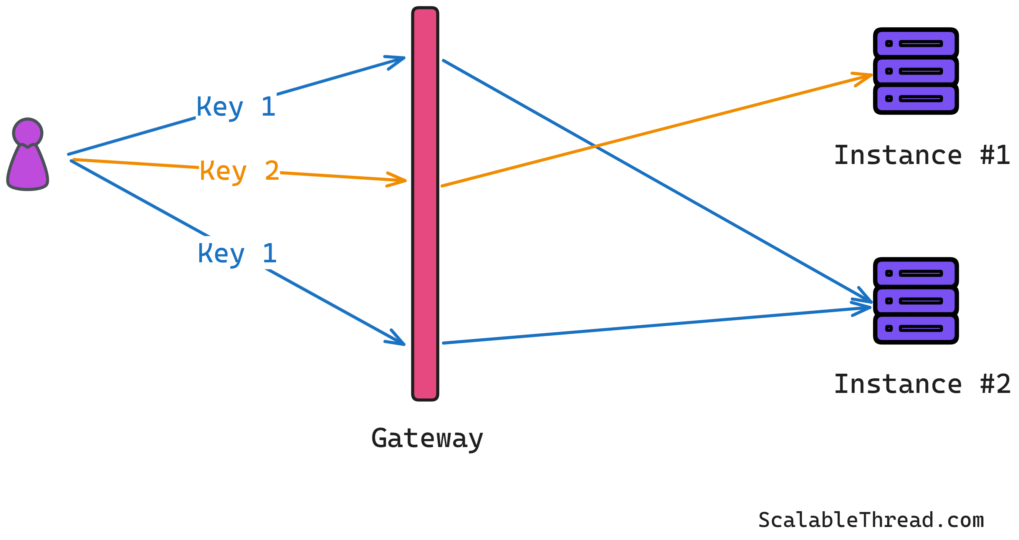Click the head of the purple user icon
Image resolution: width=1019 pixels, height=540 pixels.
[27, 133]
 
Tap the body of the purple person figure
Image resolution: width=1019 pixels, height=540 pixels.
[27, 169]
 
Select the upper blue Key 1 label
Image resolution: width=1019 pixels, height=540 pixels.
[236, 106]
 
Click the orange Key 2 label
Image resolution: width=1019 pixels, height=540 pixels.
[239, 171]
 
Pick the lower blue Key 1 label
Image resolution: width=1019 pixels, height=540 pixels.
[237, 253]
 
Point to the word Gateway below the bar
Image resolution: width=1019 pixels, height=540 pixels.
[427, 438]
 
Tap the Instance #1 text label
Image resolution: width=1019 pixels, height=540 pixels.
[921, 155]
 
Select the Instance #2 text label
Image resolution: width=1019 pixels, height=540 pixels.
[921, 384]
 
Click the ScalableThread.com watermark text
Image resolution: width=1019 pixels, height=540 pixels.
[871, 520]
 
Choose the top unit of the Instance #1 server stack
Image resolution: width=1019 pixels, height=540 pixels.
[915, 43]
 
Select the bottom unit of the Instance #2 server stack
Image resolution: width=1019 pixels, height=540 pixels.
[915, 328]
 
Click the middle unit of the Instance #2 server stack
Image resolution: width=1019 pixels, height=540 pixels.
[915, 301]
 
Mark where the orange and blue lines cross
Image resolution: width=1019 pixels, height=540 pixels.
[596, 146]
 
